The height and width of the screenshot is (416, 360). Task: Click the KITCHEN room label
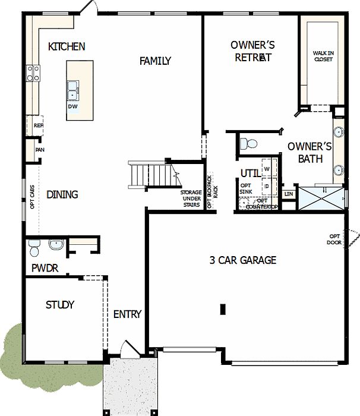click(x=67, y=46)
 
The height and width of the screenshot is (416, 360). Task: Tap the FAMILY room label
click(x=155, y=61)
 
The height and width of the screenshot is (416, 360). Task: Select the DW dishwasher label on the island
click(x=72, y=106)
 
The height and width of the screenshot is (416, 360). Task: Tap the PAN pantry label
click(x=40, y=150)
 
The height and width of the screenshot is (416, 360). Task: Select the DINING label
click(x=62, y=194)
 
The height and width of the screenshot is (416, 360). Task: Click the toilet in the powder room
click(x=34, y=245)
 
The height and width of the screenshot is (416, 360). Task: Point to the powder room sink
click(x=56, y=244)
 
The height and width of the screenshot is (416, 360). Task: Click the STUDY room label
click(x=60, y=305)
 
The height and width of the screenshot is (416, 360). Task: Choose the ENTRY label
click(x=127, y=314)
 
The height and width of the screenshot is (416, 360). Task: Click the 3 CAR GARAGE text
click(x=242, y=260)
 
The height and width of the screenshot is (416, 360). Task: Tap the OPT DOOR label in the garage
click(x=334, y=239)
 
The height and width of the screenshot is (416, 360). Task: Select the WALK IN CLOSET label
click(x=323, y=56)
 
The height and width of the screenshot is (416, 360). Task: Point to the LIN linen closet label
click(x=289, y=194)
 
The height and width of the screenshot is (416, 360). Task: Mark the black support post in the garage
click(x=223, y=309)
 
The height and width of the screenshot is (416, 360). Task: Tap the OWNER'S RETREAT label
click(x=252, y=51)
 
